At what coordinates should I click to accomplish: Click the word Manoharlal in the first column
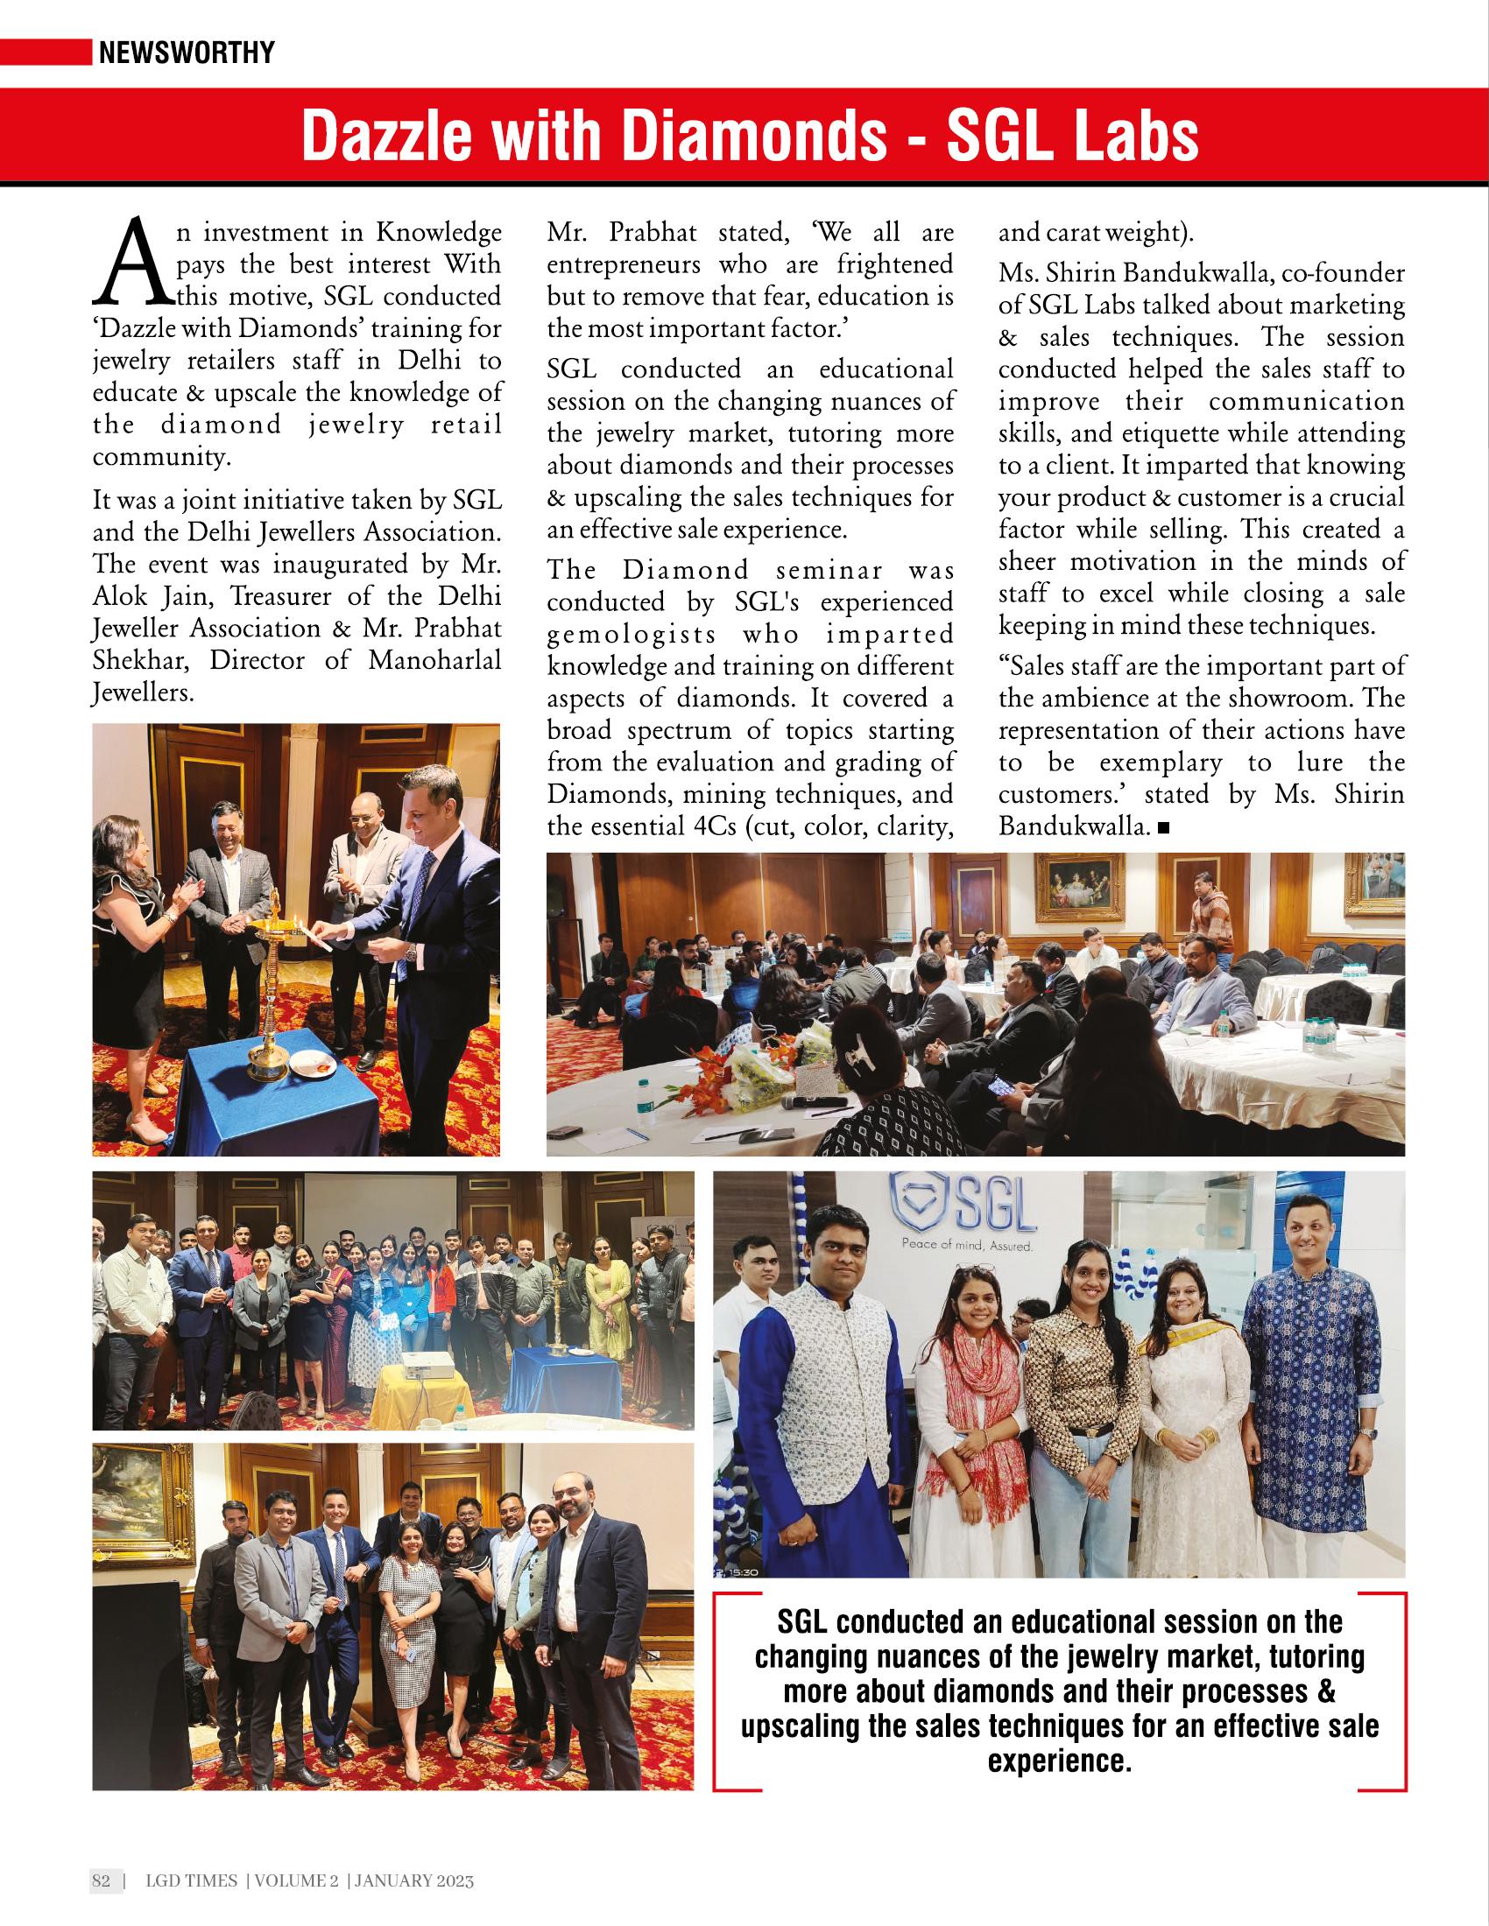pos(435,660)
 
